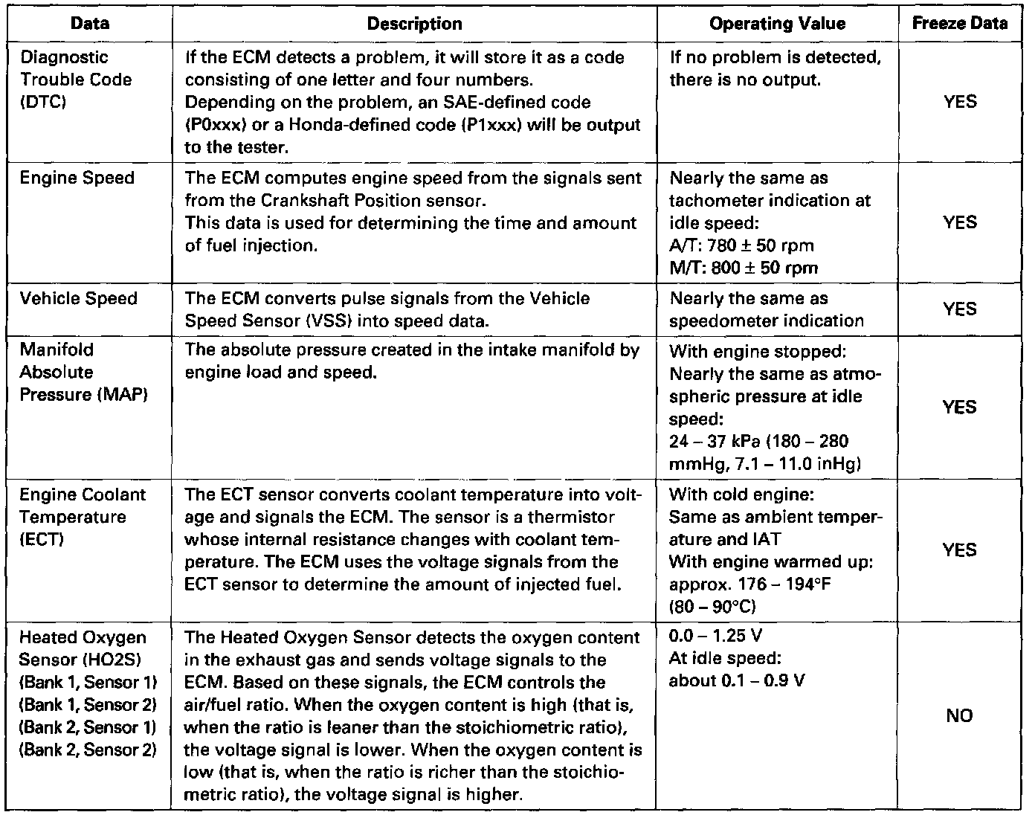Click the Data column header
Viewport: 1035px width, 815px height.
[90, 23]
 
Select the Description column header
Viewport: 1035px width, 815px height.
[414, 24]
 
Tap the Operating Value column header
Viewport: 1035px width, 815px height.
[777, 24]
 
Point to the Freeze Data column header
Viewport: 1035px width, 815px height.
[960, 23]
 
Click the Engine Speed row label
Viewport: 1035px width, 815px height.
[77, 178]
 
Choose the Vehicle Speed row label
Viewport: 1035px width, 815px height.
[79, 298]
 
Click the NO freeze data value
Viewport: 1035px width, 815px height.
[959, 715]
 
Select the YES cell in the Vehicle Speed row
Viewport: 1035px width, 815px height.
[959, 309]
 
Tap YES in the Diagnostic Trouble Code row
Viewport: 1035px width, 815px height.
[959, 102]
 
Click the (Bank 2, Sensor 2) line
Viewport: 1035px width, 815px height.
[88, 750]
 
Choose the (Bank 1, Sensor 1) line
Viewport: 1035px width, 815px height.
[88, 683]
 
